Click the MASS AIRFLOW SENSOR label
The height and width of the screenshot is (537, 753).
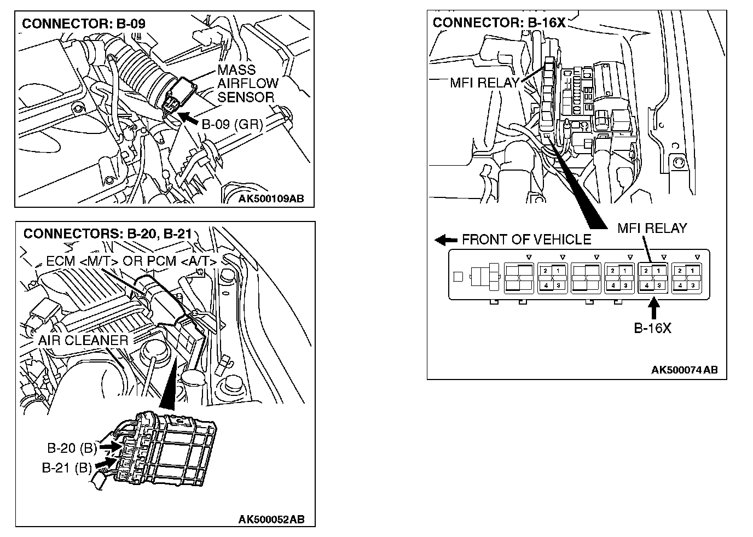[x=245, y=84]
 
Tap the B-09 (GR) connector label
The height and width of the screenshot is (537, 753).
[x=232, y=124]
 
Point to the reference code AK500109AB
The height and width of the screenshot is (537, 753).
[x=271, y=199]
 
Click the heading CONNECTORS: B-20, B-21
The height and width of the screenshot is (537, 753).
[x=107, y=234]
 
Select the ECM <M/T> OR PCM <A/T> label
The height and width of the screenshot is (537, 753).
[x=131, y=261]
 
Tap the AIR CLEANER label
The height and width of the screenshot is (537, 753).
[x=83, y=340]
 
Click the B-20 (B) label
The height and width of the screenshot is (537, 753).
[x=72, y=448]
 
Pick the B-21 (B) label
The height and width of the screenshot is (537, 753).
[x=67, y=468]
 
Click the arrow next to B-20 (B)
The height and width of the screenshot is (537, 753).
[x=110, y=447]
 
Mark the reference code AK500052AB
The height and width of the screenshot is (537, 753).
[x=271, y=519]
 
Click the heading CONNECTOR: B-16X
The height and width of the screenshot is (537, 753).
[x=499, y=22]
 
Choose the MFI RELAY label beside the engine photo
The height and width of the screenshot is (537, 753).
[x=484, y=83]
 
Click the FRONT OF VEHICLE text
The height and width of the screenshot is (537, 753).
[x=526, y=240]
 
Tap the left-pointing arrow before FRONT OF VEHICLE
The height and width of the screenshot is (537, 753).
[x=445, y=240]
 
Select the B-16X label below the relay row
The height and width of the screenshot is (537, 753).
[x=652, y=328]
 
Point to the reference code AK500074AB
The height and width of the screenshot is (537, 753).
[x=684, y=370]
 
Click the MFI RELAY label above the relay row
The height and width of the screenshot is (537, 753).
[x=652, y=228]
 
